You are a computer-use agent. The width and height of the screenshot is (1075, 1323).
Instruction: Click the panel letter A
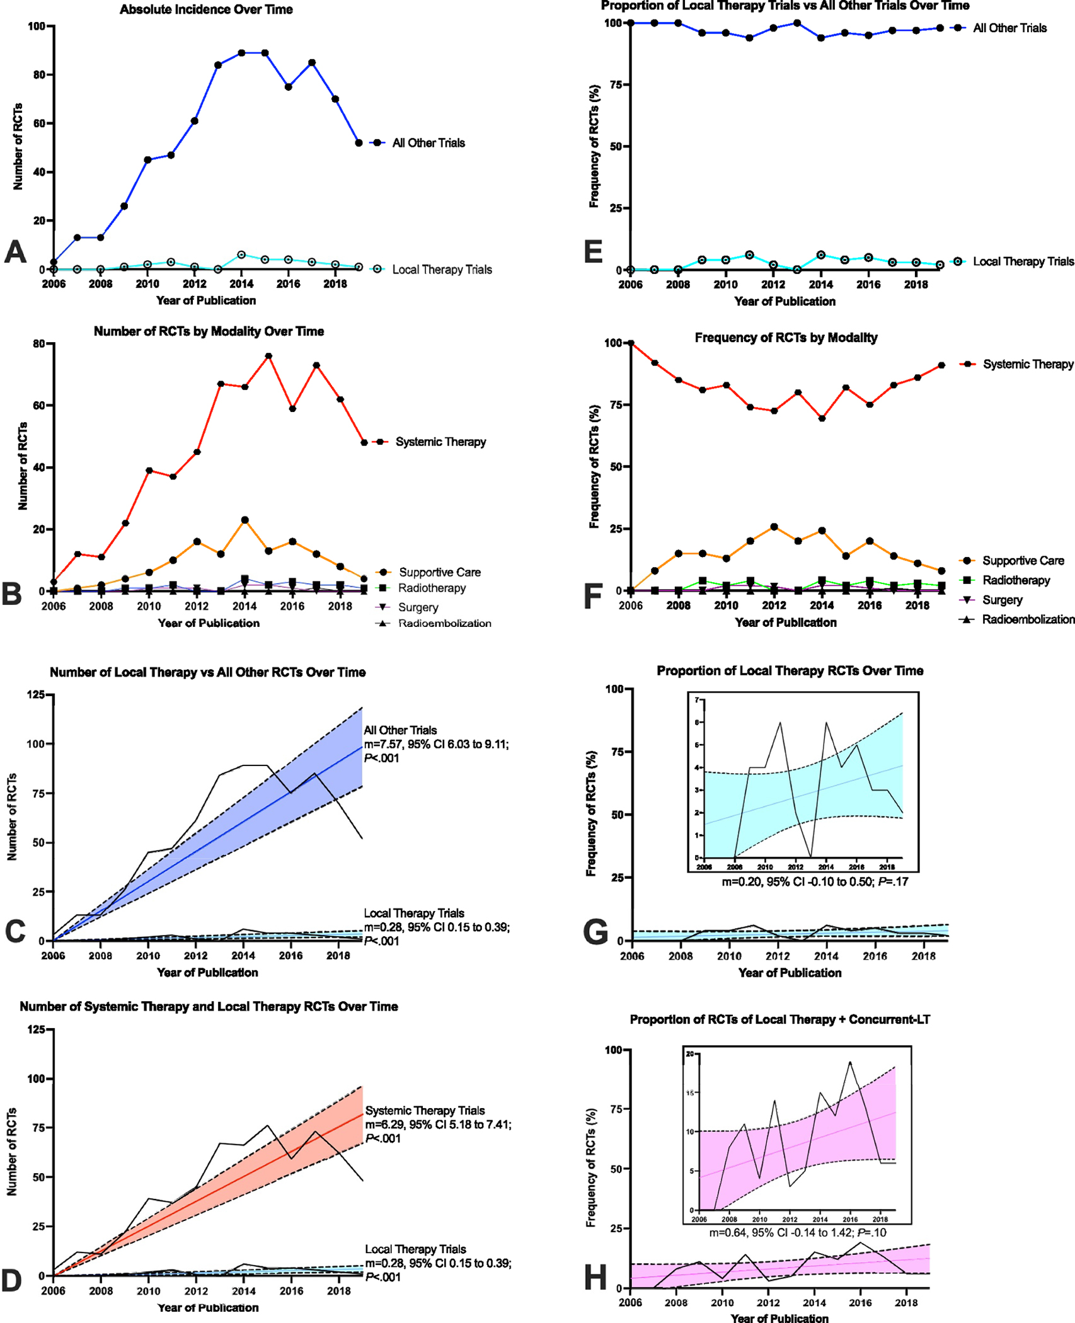pos(15,252)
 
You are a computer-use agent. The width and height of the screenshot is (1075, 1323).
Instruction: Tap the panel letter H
pos(595,1278)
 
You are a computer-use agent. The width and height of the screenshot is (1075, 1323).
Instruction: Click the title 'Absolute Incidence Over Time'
pos(206,9)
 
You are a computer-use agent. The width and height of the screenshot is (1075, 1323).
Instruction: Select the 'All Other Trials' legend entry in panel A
pos(428,143)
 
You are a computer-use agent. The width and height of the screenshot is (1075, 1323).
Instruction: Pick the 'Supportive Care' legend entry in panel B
pos(439,572)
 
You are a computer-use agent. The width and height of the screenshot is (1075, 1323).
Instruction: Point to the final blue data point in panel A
pos(359,143)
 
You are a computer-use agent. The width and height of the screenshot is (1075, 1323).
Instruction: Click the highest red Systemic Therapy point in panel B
pos(268,356)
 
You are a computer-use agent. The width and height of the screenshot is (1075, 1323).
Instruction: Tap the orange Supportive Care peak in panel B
pos(244,520)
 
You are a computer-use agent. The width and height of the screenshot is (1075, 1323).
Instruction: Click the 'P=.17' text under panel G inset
pos(893,881)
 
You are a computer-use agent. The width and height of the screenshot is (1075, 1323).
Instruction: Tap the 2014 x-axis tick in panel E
pos(820,284)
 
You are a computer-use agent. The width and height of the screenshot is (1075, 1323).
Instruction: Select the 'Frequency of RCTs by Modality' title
pos(786,338)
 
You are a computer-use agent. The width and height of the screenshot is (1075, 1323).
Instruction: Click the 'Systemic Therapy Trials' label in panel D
pos(425,1110)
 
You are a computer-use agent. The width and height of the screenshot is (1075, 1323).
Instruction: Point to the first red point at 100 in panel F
pos(631,343)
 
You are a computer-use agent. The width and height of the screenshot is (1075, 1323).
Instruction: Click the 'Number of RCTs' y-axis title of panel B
pos(23,466)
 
